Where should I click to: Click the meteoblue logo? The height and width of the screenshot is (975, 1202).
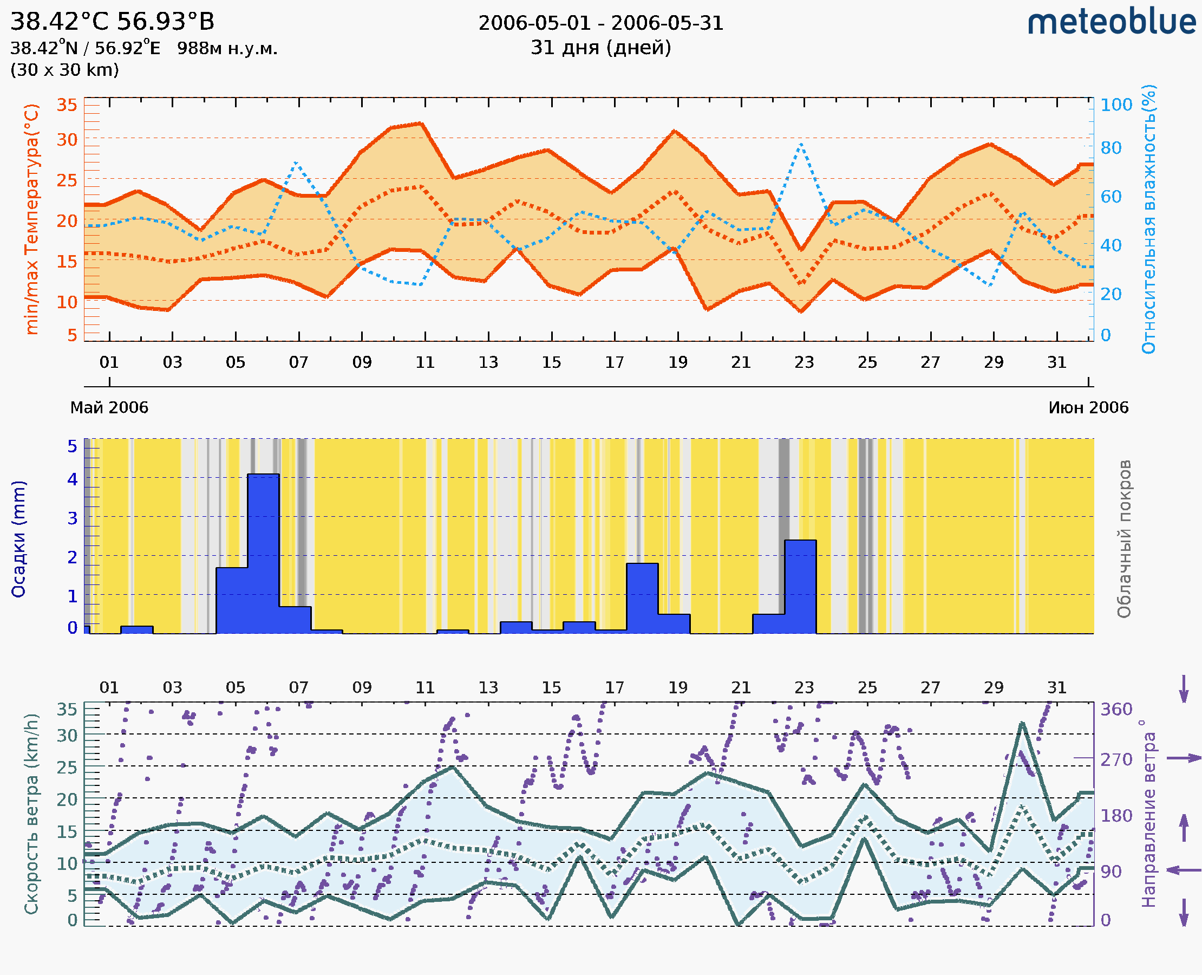click(x=1111, y=22)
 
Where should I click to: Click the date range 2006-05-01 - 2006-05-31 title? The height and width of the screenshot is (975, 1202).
click(x=600, y=23)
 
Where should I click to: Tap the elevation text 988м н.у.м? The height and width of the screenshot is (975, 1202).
click(x=227, y=49)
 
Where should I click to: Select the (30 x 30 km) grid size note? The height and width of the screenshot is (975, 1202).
click(x=64, y=70)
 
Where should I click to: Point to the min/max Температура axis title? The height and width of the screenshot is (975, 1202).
click(x=32, y=219)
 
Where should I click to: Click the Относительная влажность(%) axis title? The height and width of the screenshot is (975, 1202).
click(x=1148, y=219)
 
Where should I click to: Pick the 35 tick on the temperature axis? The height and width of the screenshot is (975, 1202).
click(x=67, y=105)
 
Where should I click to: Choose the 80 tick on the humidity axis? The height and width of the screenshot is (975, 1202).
click(x=1110, y=148)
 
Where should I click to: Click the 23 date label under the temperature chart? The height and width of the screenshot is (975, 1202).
click(x=804, y=362)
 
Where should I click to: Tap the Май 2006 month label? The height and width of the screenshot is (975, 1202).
click(x=109, y=407)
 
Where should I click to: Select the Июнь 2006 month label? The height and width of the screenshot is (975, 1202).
click(x=1088, y=407)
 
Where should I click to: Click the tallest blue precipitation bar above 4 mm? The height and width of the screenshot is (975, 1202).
click(x=263, y=553)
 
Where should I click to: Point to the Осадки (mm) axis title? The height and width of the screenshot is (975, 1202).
click(x=18, y=539)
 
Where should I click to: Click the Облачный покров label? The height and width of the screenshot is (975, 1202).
click(x=1124, y=539)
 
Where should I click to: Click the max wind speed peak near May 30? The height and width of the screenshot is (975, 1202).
click(x=1022, y=723)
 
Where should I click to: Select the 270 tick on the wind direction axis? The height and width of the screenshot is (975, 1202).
click(x=1116, y=760)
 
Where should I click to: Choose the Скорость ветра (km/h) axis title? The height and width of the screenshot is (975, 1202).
click(x=31, y=814)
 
